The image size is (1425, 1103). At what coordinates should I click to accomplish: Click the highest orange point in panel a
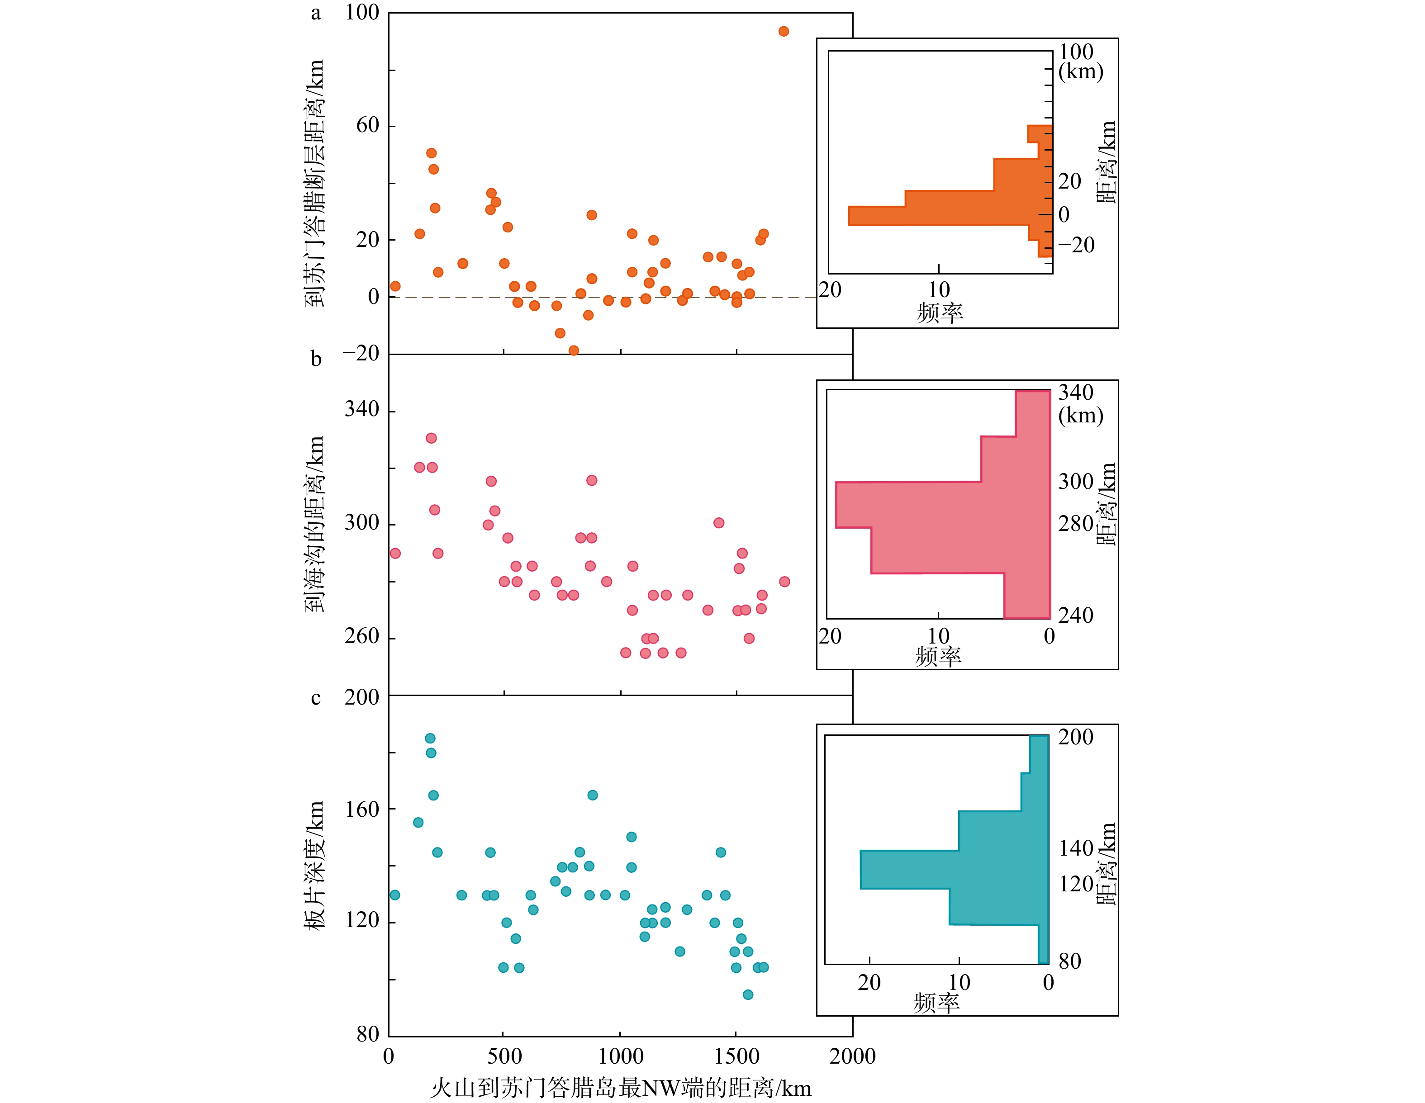tap(784, 31)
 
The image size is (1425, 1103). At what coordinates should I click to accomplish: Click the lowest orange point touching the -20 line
tap(574, 351)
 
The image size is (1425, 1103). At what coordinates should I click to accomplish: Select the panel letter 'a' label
tap(316, 13)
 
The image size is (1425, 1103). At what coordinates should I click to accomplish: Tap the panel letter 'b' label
tap(316, 358)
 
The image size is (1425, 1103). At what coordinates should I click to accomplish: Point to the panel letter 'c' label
tap(316, 698)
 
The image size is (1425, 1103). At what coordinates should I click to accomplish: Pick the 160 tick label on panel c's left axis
tap(361, 809)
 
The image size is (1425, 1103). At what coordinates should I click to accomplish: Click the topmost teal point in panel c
tap(430, 738)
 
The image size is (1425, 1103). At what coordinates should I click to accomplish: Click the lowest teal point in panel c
tap(748, 995)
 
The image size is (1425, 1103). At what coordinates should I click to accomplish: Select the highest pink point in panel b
tap(431, 438)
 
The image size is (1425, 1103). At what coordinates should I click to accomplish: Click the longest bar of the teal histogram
tap(953, 870)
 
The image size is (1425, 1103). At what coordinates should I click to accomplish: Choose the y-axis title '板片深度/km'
tap(314, 865)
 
